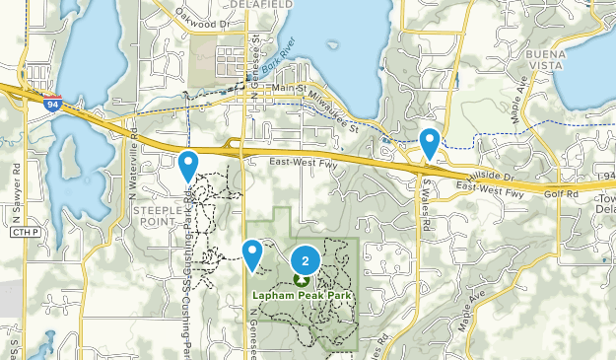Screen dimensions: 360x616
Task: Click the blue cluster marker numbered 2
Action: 306,260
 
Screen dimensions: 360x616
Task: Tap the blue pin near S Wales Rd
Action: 430,143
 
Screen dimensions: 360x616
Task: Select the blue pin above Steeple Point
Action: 187,165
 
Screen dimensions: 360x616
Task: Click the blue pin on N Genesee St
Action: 253,253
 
